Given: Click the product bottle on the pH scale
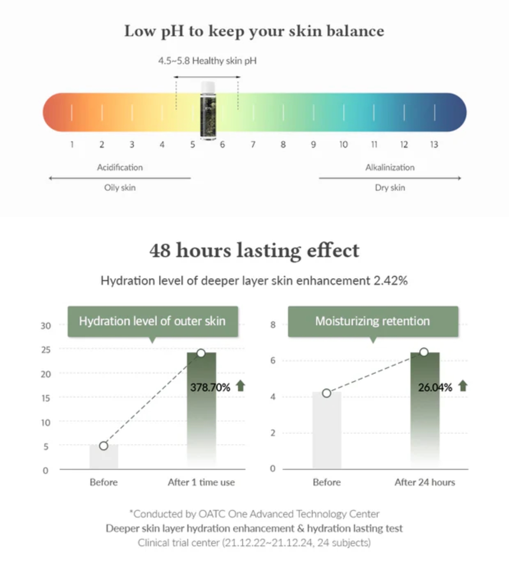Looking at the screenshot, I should pyautogui.click(x=208, y=111).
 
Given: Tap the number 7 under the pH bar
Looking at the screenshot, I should pyautogui.click(x=253, y=145).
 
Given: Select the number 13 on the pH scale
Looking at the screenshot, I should pyautogui.click(x=434, y=145).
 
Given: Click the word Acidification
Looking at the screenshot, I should pyautogui.click(x=120, y=168).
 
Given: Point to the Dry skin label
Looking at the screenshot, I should pyautogui.click(x=390, y=188).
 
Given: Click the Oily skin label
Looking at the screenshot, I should pyautogui.click(x=120, y=188).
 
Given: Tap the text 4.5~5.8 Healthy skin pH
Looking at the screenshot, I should pyautogui.click(x=207, y=61).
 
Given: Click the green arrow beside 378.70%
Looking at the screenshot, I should pyautogui.click(x=241, y=386).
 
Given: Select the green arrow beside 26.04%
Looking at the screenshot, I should pyautogui.click(x=463, y=386).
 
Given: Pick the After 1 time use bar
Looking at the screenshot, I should pyautogui.click(x=202, y=411).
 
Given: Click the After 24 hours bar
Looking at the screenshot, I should pyautogui.click(x=425, y=411).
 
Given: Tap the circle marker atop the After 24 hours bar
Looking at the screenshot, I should pyautogui.click(x=424, y=352).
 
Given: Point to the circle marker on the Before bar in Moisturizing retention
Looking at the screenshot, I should pyautogui.click(x=326, y=393).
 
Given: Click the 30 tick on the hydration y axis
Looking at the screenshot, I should pyautogui.click(x=46, y=326).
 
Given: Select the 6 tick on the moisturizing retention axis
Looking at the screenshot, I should pyautogui.click(x=273, y=361).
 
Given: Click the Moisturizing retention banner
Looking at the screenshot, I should pyautogui.click(x=373, y=321).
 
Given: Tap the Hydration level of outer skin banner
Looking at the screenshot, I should pyautogui.click(x=152, y=321).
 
